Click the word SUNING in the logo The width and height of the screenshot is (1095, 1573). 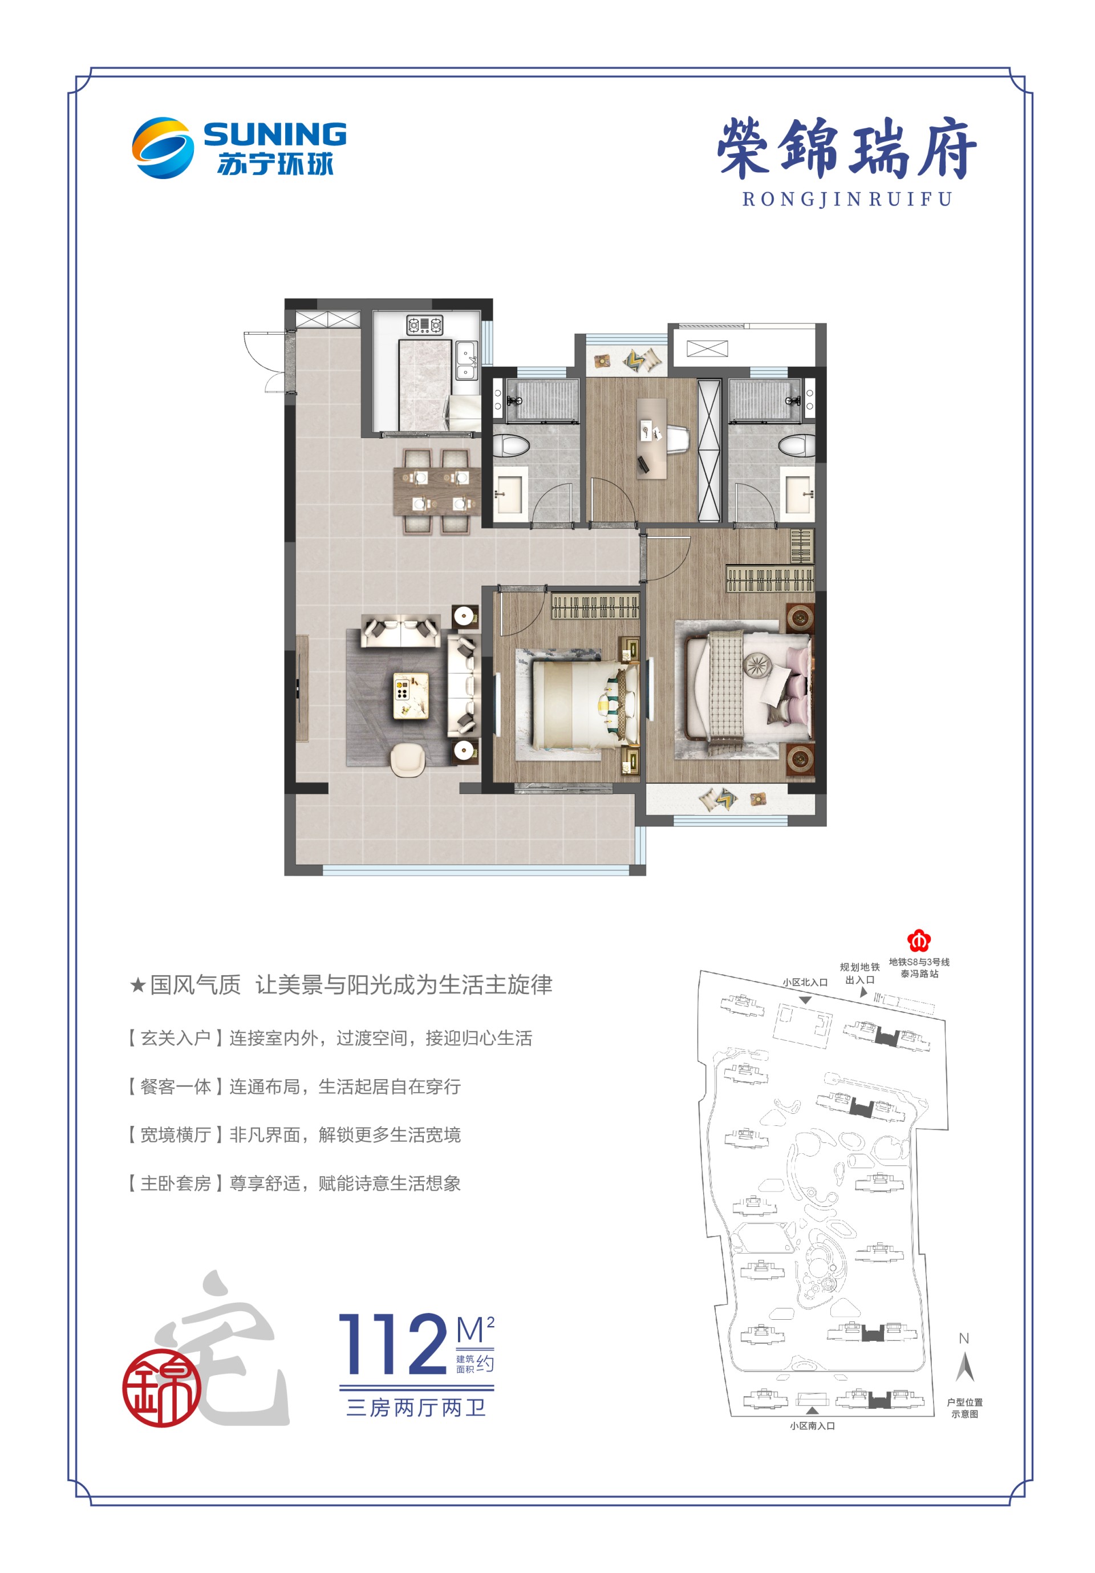click(275, 134)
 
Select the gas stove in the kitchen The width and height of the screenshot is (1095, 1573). click(425, 324)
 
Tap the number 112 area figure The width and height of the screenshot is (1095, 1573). click(394, 1344)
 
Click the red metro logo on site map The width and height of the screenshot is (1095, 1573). click(918, 940)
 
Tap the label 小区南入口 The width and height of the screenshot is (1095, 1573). click(812, 1426)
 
